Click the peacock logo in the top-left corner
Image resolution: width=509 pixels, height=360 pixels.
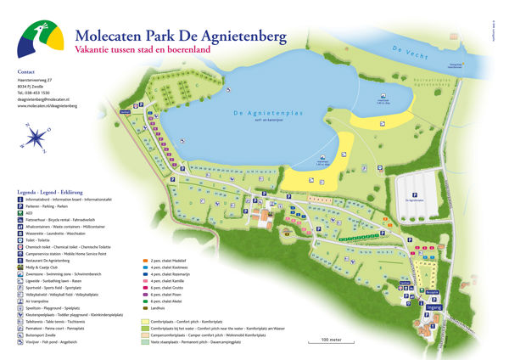pyautogui.click(x=40, y=38)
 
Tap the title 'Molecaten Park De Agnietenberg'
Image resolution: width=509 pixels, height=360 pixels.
pyautogui.click(x=181, y=37)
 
